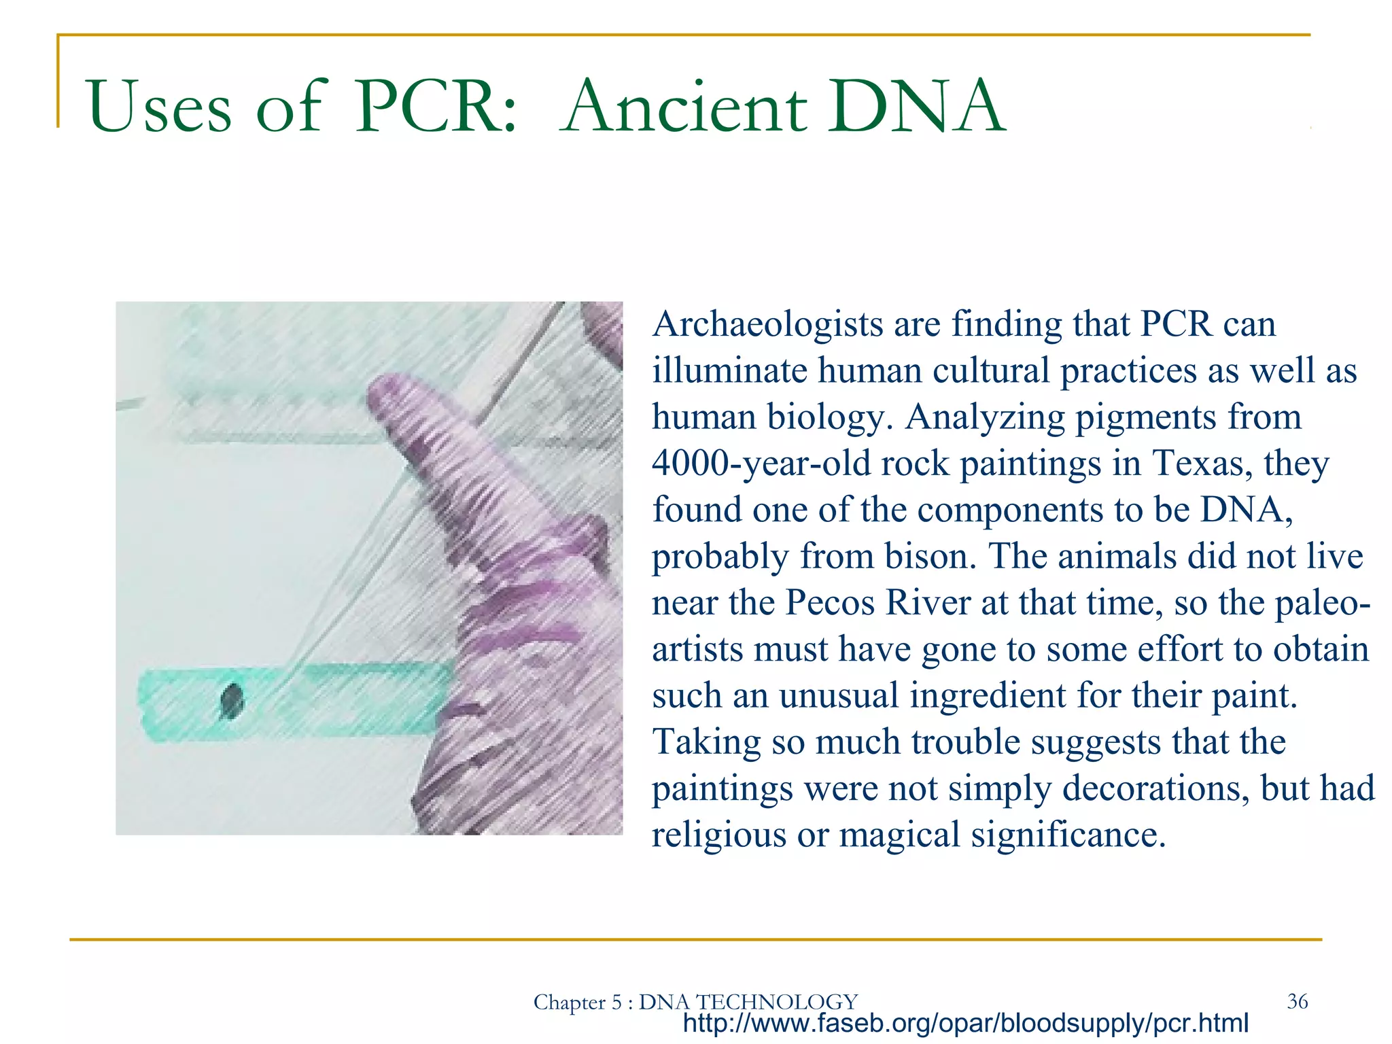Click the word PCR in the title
(x=435, y=107)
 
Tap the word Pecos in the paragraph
(x=830, y=603)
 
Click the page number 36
(x=1297, y=1000)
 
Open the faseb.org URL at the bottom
(x=965, y=1023)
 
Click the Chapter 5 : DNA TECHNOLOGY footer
(x=695, y=1002)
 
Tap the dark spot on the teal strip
(x=232, y=699)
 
